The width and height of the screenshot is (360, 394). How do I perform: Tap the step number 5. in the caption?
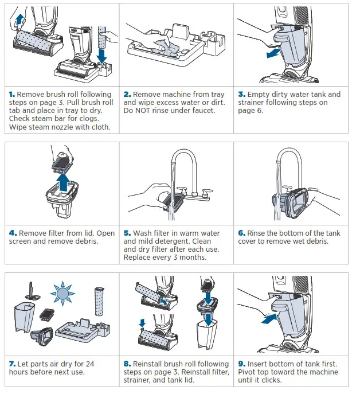[127, 233]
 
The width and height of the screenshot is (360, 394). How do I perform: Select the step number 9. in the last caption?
[242, 364]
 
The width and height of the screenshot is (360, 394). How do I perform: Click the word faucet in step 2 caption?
[201, 111]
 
